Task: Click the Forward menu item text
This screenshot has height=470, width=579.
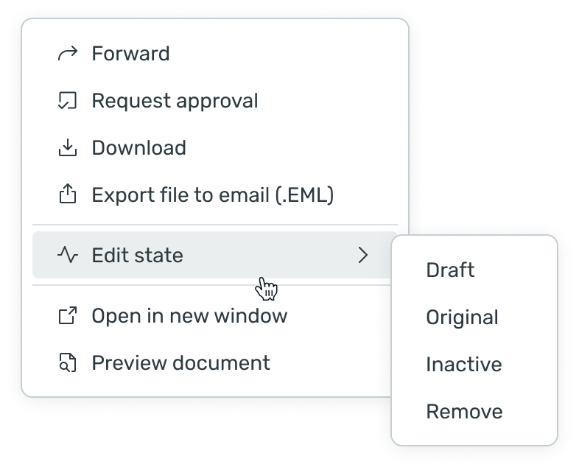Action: [130, 54]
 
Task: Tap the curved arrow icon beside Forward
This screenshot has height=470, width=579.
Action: [68, 54]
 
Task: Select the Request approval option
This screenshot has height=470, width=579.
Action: [175, 101]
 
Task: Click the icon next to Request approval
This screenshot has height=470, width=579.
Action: [68, 101]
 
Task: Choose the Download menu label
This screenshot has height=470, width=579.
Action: [138, 148]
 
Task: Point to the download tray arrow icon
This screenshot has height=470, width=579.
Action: [68, 148]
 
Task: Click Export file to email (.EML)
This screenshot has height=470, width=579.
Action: [213, 195]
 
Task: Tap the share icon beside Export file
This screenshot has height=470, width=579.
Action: [68, 195]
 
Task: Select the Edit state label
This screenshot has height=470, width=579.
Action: [137, 256]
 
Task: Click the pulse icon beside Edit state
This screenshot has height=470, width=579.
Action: [68, 256]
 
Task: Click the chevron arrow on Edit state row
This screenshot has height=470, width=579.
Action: [362, 256]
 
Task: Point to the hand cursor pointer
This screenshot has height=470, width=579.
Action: [267, 289]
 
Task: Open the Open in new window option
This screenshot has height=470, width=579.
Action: [189, 316]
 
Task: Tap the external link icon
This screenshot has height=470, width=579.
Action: [68, 316]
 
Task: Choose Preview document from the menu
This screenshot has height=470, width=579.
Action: [180, 363]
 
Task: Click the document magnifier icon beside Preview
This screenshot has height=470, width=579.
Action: [68, 363]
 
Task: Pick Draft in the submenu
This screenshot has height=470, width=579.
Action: [450, 270]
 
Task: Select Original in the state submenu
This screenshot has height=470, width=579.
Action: [462, 318]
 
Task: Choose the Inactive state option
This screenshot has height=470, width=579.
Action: [463, 365]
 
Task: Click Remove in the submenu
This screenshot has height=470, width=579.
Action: [464, 412]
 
